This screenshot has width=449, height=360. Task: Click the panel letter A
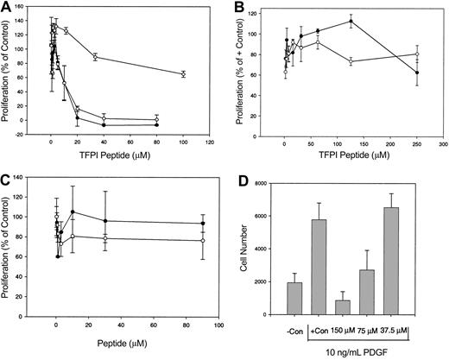click(x=7, y=7)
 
